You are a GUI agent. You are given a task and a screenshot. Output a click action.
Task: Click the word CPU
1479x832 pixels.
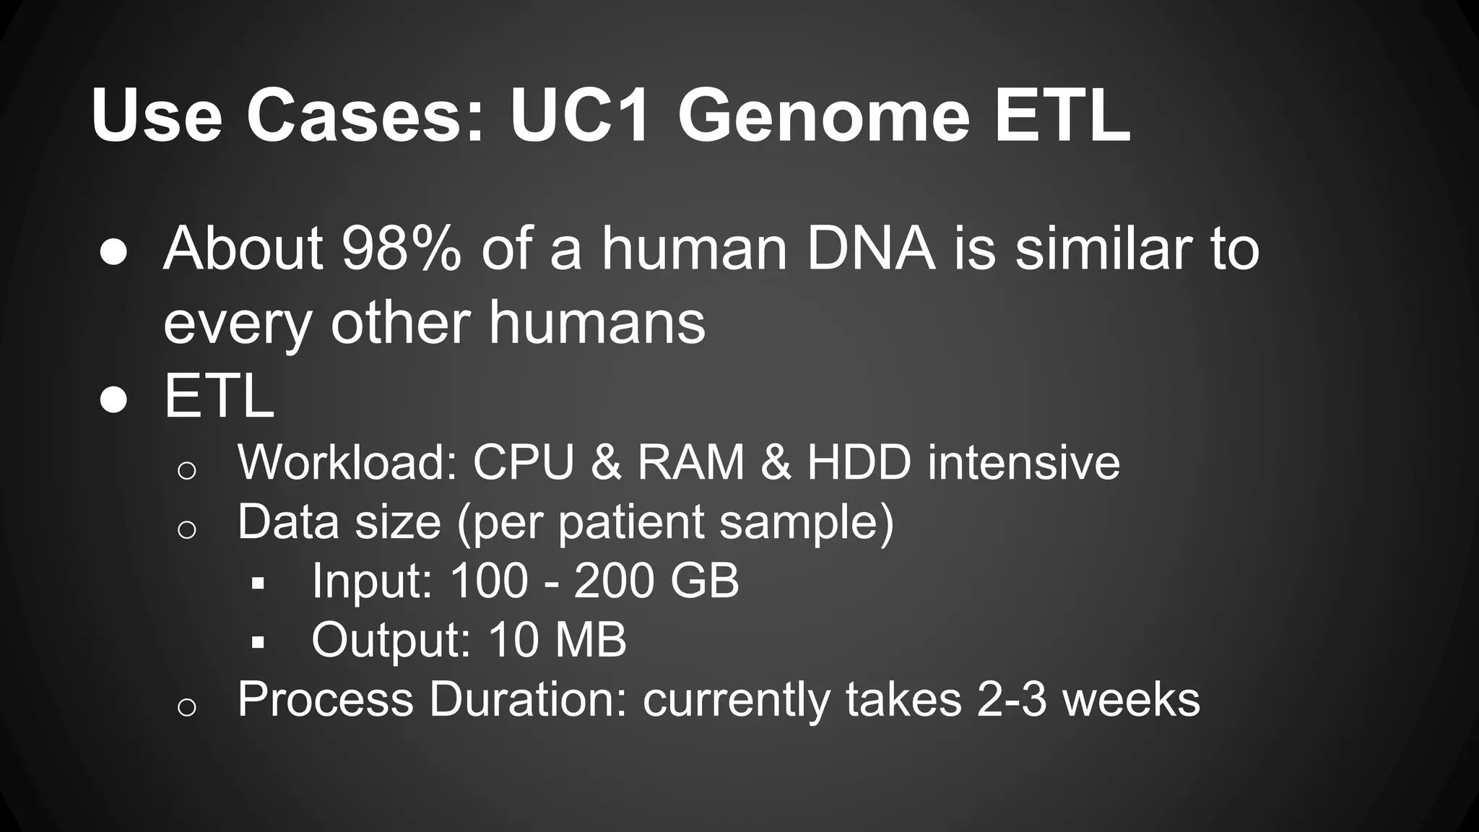(524, 462)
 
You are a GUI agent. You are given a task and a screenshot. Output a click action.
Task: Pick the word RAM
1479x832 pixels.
(690, 462)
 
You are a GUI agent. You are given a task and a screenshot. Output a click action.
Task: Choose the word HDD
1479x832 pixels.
(859, 462)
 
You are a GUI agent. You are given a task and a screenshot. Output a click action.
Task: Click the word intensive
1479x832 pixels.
(1023, 462)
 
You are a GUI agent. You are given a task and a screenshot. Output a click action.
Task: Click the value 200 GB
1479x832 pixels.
(656, 581)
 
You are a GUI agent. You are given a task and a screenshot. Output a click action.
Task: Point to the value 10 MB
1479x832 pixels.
(557, 640)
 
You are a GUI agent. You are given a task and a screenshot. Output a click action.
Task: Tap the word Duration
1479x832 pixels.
(527, 699)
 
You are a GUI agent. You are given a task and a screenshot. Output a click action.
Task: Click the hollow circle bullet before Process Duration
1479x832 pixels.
(186, 707)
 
